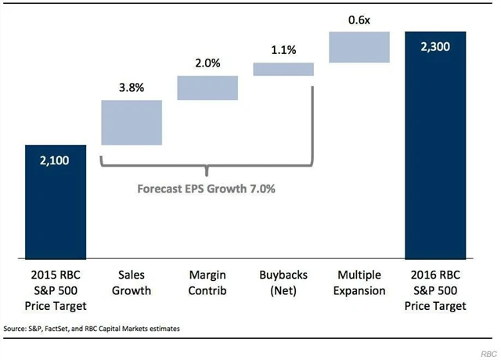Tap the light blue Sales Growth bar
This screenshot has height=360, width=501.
(132, 122)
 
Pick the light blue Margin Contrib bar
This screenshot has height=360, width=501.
(207, 88)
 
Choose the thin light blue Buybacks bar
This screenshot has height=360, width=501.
(283, 69)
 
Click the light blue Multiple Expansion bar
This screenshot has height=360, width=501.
(359, 47)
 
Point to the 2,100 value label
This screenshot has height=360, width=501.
(56, 160)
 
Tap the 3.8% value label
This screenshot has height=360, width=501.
(132, 88)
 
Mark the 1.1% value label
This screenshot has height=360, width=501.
(283, 50)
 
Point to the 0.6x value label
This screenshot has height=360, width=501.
(359, 20)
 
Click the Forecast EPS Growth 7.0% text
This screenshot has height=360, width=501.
(207, 189)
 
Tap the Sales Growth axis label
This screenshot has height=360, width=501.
(132, 283)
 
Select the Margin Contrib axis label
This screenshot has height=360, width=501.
(207, 283)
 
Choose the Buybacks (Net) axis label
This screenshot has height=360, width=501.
(283, 283)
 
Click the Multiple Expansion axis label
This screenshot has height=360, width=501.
(359, 283)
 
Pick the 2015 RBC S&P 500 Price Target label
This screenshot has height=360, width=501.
(56, 290)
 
